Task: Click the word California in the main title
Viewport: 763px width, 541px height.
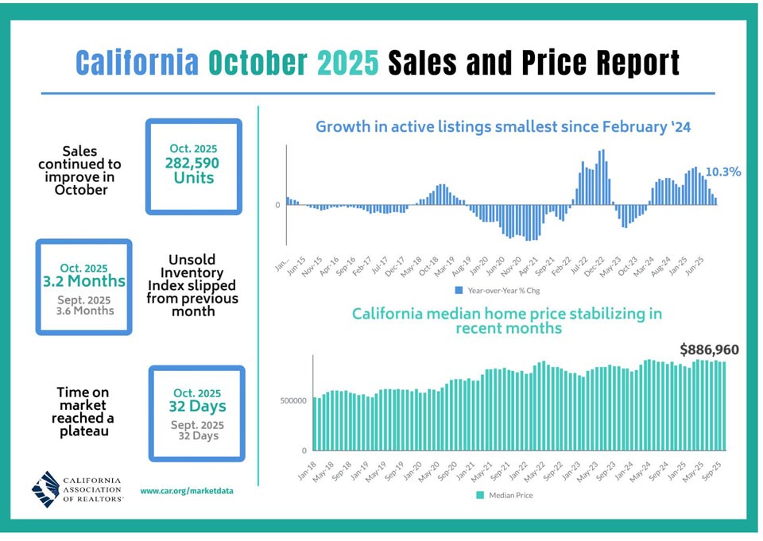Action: coord(137,62)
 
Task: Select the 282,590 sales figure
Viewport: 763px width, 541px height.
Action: coord(192,163)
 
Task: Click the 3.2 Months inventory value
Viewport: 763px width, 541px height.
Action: coord(84,280)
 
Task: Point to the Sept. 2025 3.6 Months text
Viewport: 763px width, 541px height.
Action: coord(85,306)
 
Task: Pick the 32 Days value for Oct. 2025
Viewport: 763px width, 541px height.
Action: coord(198,406)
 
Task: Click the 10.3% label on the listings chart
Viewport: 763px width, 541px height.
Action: coord(723,172)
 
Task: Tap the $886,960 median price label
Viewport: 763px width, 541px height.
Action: coord(710,350)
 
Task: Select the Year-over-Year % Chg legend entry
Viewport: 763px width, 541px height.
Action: coord(498,291)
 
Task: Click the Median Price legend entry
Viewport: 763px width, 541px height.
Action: coord(505,495)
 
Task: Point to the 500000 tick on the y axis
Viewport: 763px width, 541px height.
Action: coord(293,401)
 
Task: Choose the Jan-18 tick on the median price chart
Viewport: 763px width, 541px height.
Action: coord(307,471)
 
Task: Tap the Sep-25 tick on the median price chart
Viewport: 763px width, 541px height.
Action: coord(711,471)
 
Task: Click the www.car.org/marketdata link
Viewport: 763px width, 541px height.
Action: coord(187,491)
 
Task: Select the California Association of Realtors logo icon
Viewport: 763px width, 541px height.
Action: coord(46,489)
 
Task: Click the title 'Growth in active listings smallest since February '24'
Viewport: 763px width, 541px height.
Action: coord(503,127)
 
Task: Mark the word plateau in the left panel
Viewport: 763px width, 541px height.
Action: coord(83,431)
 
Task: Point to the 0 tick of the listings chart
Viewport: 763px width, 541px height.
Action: coord(278,205)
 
